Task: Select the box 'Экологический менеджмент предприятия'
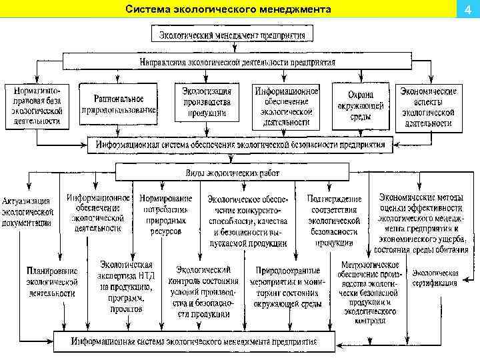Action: (232, 35)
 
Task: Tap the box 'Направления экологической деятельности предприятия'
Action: (238, 62)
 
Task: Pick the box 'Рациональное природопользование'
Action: (119, 103)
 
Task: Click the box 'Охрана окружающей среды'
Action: (360, 105)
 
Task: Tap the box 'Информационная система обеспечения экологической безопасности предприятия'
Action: (240, 144)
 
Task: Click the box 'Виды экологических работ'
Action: (231, 173)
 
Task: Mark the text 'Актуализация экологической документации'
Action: (27, 212)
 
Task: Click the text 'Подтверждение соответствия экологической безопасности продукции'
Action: (334, 221)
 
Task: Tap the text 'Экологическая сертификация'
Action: (435, 278)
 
